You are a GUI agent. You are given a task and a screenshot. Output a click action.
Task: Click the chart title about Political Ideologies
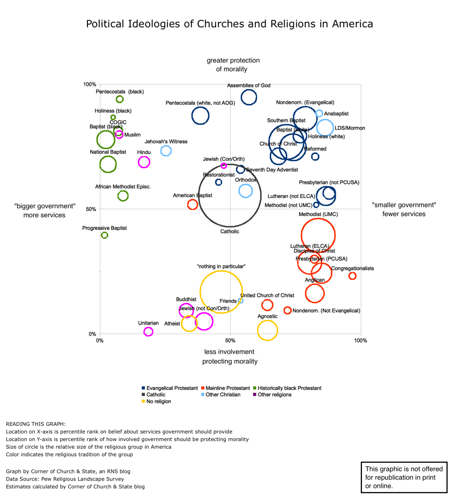point(229,24)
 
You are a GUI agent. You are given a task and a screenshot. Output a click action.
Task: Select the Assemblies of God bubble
point(249,97)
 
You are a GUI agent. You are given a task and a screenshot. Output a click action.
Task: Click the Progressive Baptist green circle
point(104,235)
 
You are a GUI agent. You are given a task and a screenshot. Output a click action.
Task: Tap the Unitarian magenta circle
point(148,331)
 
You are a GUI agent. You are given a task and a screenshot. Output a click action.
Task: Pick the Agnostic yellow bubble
point(268,330)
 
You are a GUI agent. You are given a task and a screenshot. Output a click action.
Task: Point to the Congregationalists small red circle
point(352,276)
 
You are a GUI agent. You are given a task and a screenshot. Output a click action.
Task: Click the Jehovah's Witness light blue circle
point(166,151)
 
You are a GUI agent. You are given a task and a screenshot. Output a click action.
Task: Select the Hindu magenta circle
point(144,162)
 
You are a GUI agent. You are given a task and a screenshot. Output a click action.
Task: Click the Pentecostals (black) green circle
point(120,99)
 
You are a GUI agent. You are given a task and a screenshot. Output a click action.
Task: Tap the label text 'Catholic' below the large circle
point(230,232)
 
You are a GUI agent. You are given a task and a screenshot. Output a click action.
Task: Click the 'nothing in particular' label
point(221,266)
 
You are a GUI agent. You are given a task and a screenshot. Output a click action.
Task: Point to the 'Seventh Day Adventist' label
point(272,170)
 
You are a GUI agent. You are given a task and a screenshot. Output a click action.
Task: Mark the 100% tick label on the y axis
point(90,84)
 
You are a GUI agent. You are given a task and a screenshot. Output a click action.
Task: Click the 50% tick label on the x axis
point(230,341)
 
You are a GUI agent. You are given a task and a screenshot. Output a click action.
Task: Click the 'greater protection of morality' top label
point(233,65)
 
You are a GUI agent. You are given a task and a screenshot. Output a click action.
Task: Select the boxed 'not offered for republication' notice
point(404,477)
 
